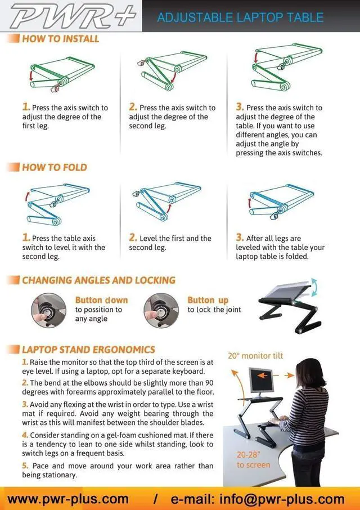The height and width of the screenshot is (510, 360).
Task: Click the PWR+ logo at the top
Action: pos(73,16)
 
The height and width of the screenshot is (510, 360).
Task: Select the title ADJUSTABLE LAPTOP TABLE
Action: pos(240,17)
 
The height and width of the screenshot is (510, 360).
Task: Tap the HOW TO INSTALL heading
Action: pos(60,39)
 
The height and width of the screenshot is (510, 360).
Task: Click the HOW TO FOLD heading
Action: pos(55,167)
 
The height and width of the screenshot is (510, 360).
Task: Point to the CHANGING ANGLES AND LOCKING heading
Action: pos(98,280)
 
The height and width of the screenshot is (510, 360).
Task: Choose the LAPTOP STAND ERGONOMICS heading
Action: pos(88,350)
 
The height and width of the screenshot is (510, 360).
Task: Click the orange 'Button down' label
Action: pos(101,300)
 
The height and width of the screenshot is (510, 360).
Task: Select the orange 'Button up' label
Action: pos(208,300)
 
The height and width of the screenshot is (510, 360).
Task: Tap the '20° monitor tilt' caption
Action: pos(255,356)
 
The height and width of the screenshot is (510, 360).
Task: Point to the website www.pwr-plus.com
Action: pos(68,499)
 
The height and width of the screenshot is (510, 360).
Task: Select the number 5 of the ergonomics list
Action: pos(25,466)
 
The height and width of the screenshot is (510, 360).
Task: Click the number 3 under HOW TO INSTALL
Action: pos(240,107)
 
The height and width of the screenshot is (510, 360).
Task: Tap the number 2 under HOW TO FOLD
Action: pos(133,238)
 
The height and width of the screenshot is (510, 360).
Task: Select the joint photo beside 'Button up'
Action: pos(161,309)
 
